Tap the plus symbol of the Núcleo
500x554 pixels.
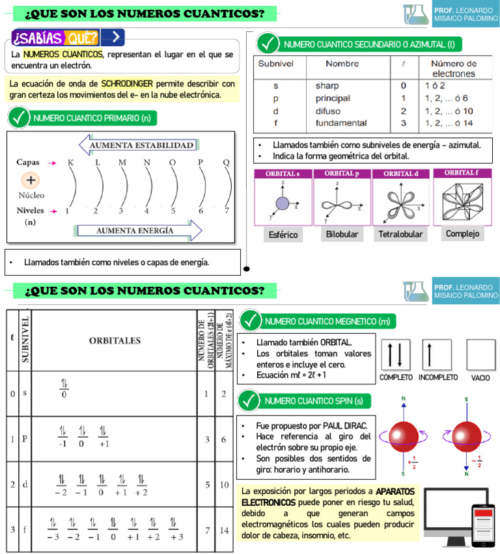pyautogui.click(x=31, y=179)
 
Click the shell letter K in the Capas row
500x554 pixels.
pyautogui.click(x=70, y=162)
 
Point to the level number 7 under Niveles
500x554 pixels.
pyautogui.click(x=227, y=211)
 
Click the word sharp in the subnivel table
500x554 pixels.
pyautogui.click(x=327, y=86)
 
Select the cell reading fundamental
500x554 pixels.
pyautogui.click(x=341, y=123)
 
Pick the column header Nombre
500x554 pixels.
pyautogui.click(x=342, y=64)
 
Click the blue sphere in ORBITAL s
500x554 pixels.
pyautogui.click(x=283, y=203)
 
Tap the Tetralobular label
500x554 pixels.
pyautogui.click(x=400, y=234)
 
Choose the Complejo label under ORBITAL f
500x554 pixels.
pyautogui.click(x=462, y=233)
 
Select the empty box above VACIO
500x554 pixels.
pyautogui.click(x=480, y=355)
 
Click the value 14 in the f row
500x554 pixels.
pyautogui.click(x=224, y=530)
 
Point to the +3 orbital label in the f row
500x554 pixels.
pyautogui.click(x=175, y=537)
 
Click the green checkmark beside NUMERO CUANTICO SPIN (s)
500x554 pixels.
pyautogui.click(x=251, y=401)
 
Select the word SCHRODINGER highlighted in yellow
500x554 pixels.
pyautogui.click(x=127, y=84)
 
